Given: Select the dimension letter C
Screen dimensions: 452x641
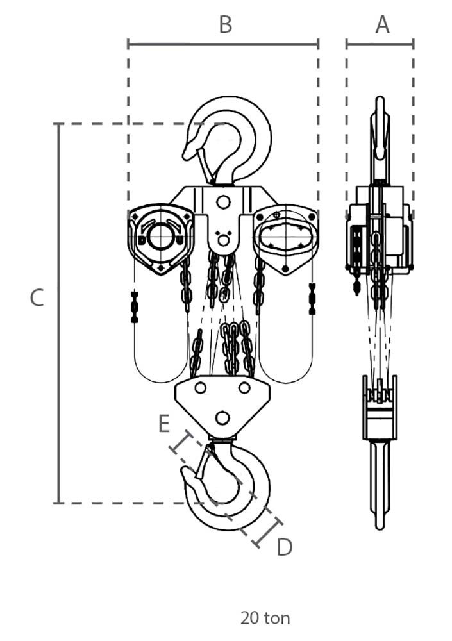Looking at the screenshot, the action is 37,297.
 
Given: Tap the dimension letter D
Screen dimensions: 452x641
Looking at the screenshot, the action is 284,547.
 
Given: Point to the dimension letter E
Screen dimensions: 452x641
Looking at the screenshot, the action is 164,424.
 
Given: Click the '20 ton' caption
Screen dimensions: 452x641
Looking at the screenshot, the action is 265,618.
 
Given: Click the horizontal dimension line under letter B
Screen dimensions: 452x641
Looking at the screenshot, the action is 223,44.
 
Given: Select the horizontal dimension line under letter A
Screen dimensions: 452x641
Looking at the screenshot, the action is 380,44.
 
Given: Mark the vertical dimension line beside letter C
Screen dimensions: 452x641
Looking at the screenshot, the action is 59,313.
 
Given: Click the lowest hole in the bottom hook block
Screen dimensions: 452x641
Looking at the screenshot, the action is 222,418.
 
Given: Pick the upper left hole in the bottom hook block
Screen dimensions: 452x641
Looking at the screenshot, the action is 200,388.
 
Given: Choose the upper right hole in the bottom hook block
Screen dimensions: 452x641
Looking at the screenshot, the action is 244,388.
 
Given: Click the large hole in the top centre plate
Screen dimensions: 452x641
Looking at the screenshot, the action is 223,203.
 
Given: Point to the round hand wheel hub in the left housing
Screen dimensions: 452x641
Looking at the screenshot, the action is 161,237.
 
